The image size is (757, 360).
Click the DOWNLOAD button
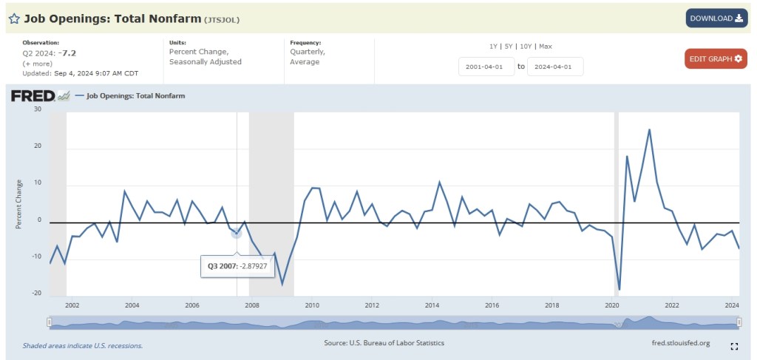(x=716, y=18)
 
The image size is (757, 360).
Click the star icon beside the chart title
(x=14, y=18)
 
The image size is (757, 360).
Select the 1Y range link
(x=493, y=46)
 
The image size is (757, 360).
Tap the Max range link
(x=545, y=46)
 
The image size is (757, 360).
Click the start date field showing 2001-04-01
(x=485, y=67)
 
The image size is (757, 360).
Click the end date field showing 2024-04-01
(x=554, y=67)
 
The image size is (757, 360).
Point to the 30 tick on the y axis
(x=38, y=109)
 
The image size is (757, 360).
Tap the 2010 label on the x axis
(x=311, y=305)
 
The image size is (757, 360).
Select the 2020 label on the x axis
(x=611, y=305)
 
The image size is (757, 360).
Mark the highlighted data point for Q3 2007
(x=237, y=233)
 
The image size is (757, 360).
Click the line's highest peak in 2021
(x=649, y=130)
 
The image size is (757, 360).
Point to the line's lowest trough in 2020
(x=619, y=289)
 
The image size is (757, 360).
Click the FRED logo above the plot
(x=33, y=95)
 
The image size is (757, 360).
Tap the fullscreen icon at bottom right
(x=734, y=345)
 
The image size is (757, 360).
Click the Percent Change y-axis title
(x=19, y=203)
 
